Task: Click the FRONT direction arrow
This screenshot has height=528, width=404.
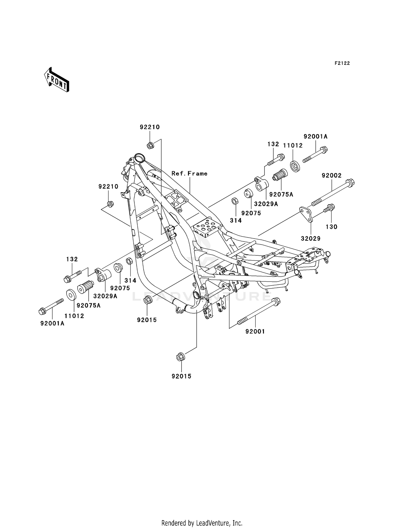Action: [x=57, y=80]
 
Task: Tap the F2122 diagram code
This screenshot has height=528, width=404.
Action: [x=342, y=63]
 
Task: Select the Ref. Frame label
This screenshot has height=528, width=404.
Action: [x=189, y=174]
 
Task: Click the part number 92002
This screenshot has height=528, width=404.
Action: [x=332, y=175]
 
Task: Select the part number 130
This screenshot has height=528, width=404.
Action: [x=331, y=227]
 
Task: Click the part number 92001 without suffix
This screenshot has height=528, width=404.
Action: [x=255, y=332]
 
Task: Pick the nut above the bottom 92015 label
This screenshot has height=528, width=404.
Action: [x=180, y=357]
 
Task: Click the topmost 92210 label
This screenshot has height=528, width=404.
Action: [x=150, y=127]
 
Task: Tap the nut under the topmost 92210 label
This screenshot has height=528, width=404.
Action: [x=150, y=146]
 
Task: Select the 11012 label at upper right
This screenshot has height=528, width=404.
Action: [x=293, y=145]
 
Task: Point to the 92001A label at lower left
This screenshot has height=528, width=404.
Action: [x=53, y=323]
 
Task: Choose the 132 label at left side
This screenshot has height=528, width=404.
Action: [x=72, y=259]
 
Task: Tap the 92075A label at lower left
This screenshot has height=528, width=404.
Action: [x=89, y=305]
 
